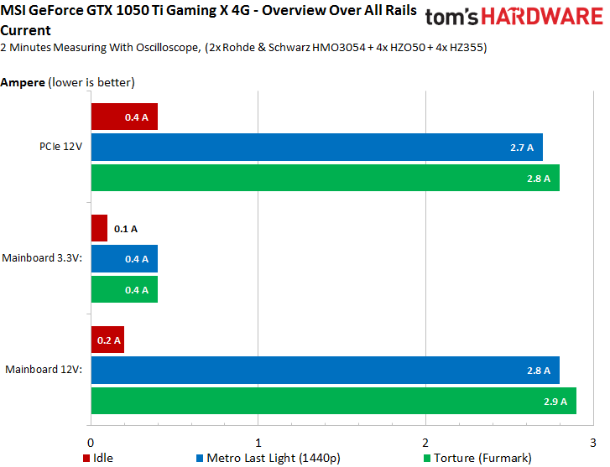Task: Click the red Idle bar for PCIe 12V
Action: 123,117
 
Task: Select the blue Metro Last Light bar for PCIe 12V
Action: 316,148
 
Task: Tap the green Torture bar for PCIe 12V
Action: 325,178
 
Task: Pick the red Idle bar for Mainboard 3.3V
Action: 99,228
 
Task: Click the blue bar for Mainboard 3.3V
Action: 123,259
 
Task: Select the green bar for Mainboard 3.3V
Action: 123,289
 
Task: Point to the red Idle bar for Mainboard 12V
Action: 107,340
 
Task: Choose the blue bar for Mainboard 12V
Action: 325,370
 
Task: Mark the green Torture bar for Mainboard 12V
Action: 333,400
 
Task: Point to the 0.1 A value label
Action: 126,228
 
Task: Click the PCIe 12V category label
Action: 62,148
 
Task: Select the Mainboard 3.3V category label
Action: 43,259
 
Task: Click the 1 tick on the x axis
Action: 258,442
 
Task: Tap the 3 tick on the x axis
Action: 593,442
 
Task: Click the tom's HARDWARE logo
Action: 514,19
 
